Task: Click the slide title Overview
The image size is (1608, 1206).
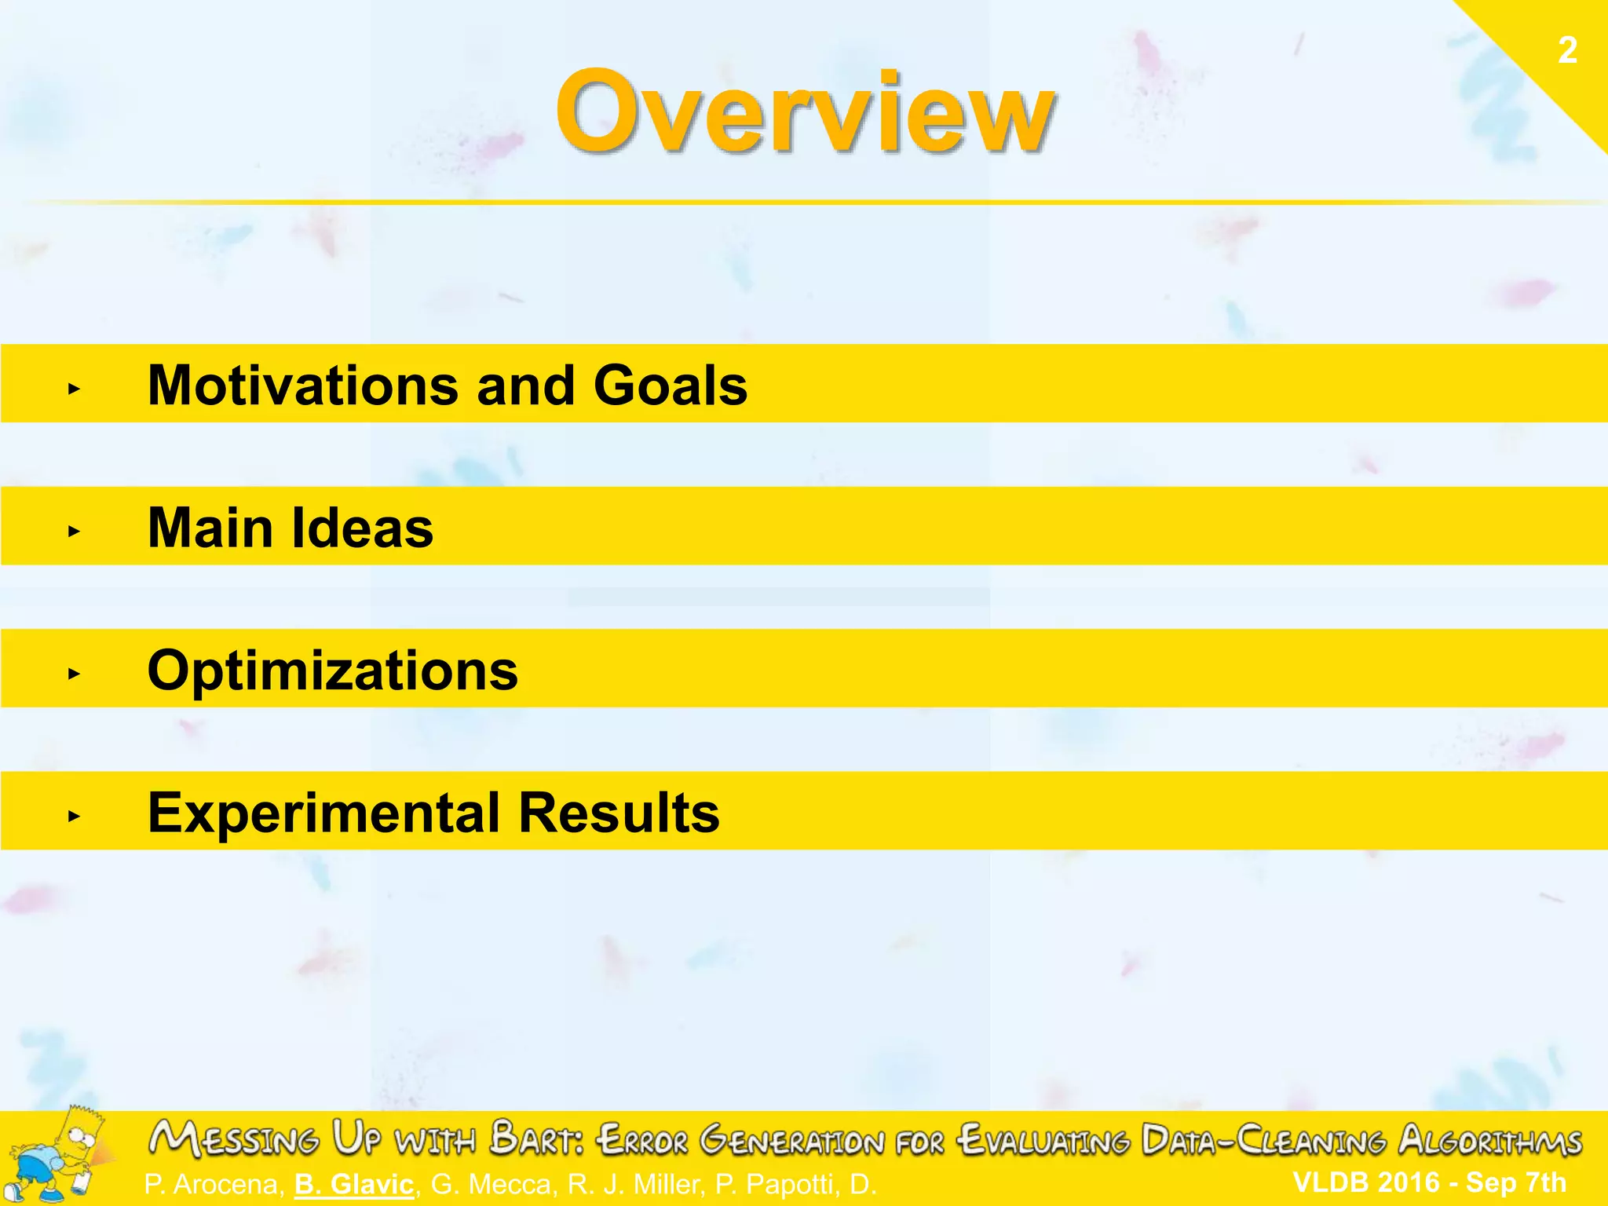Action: pyautogui.click(x=805, y=111)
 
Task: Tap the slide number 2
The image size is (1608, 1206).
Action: pyautogui.click(x=1567, y=50)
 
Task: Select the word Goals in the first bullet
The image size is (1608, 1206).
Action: pyautogui.click(x=671, y=386)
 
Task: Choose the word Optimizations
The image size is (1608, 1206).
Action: pyautogui.click(x=333, y=671)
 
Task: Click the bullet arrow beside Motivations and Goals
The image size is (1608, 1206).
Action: pyautogui.click(x=74, y=388)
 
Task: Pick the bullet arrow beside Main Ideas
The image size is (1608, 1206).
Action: pyautogui.click(x=74, y=531)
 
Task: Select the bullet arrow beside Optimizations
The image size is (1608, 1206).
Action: pyautogui.click(x=74, y=673)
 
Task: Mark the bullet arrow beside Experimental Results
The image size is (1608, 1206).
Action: pyautogui.click(x=74, y=816)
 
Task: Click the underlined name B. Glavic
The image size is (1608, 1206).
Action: pyautogui.click(x=354, y=1184)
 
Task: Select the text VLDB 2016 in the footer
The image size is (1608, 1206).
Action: pyautogui.click(x=1366, y=1182)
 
